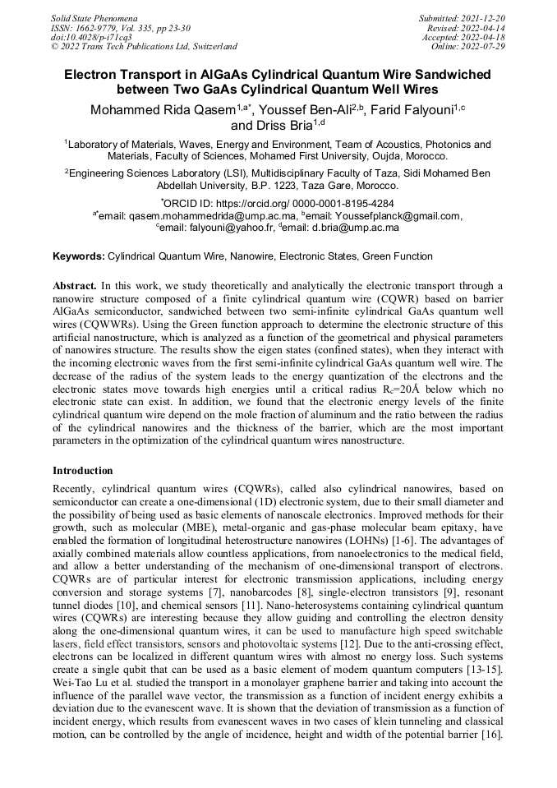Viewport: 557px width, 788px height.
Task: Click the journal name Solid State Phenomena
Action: point(94,17)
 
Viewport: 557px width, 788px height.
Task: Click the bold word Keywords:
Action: point(79,256)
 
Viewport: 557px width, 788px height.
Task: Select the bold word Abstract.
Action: point(75,285)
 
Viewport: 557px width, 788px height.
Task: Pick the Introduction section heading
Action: point(83,471)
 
